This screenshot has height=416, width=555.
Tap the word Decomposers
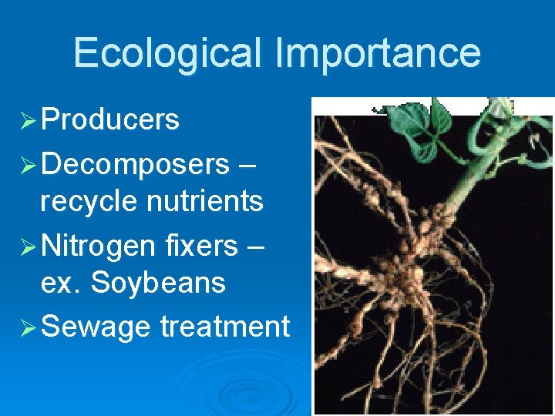point(135,164)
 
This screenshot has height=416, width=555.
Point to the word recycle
point(85,201)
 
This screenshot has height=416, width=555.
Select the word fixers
point(201,247)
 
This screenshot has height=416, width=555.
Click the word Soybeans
point(158,283)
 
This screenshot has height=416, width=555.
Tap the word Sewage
point(96,327)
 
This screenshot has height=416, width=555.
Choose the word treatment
point(225,327)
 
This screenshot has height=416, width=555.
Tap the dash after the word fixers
point(256,247)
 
